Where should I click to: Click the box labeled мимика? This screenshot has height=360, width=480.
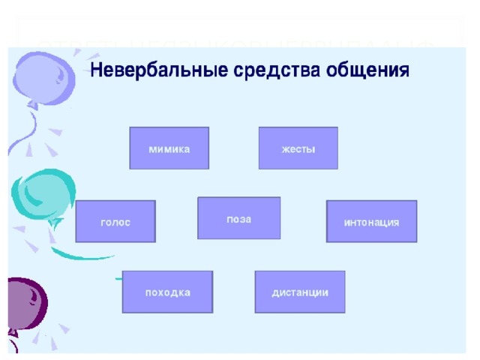(169, 148)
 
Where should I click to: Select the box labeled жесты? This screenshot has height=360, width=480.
(298, 148)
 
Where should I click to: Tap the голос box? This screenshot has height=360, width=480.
(115, 221)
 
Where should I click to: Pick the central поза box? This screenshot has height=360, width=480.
(238, 218)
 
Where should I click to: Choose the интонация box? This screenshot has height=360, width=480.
(371, 221)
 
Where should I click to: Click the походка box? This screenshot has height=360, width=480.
(167, 292)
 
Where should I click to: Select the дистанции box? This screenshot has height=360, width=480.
(300, 292)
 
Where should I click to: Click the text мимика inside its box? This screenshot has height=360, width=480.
(169, 148)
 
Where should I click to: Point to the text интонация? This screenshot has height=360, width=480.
(371, 223)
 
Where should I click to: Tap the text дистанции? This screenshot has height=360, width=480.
(300, 292)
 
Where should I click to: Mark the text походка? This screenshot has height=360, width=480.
(167, 292)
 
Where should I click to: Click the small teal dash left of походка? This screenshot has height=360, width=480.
(118, 279)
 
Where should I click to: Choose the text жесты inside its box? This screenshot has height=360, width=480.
(298, 148)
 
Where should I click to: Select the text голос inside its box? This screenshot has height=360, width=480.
(115, 223)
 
